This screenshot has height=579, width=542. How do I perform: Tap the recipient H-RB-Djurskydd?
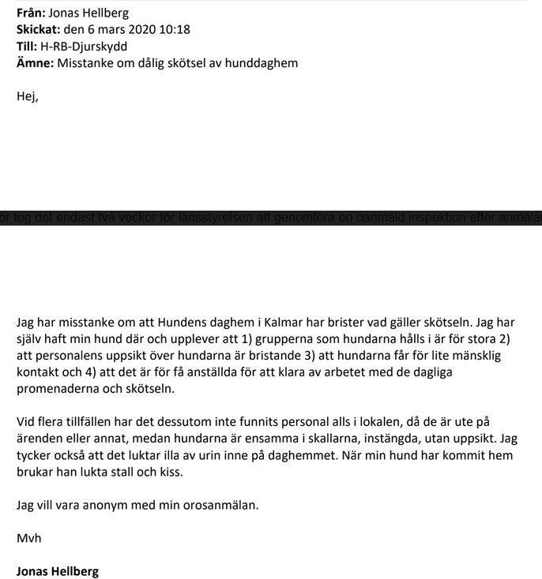(85, 46)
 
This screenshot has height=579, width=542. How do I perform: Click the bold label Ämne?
(35, 62)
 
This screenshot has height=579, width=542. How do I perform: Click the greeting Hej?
(27, 97)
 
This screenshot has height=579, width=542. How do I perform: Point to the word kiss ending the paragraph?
(177, 472)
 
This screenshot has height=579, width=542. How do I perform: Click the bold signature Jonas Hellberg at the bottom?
(58, 571)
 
